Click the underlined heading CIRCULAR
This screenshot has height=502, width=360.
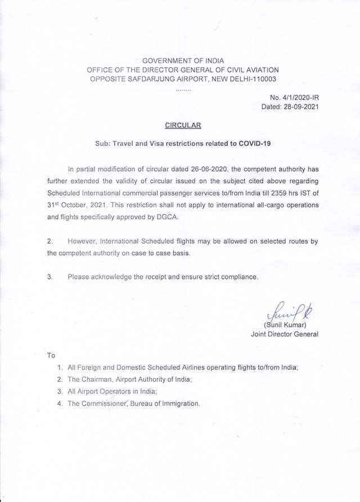click(181, 125)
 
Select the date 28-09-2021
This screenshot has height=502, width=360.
click(301, 107)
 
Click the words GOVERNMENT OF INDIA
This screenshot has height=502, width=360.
click(183, 60)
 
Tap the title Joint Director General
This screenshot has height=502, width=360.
click(284, 334)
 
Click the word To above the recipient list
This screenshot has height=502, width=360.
click(51, 355)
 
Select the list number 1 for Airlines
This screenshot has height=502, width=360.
click(60, 367)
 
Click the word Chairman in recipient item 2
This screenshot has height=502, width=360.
click(98, 379)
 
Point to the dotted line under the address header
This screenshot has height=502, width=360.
click(183, 89)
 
